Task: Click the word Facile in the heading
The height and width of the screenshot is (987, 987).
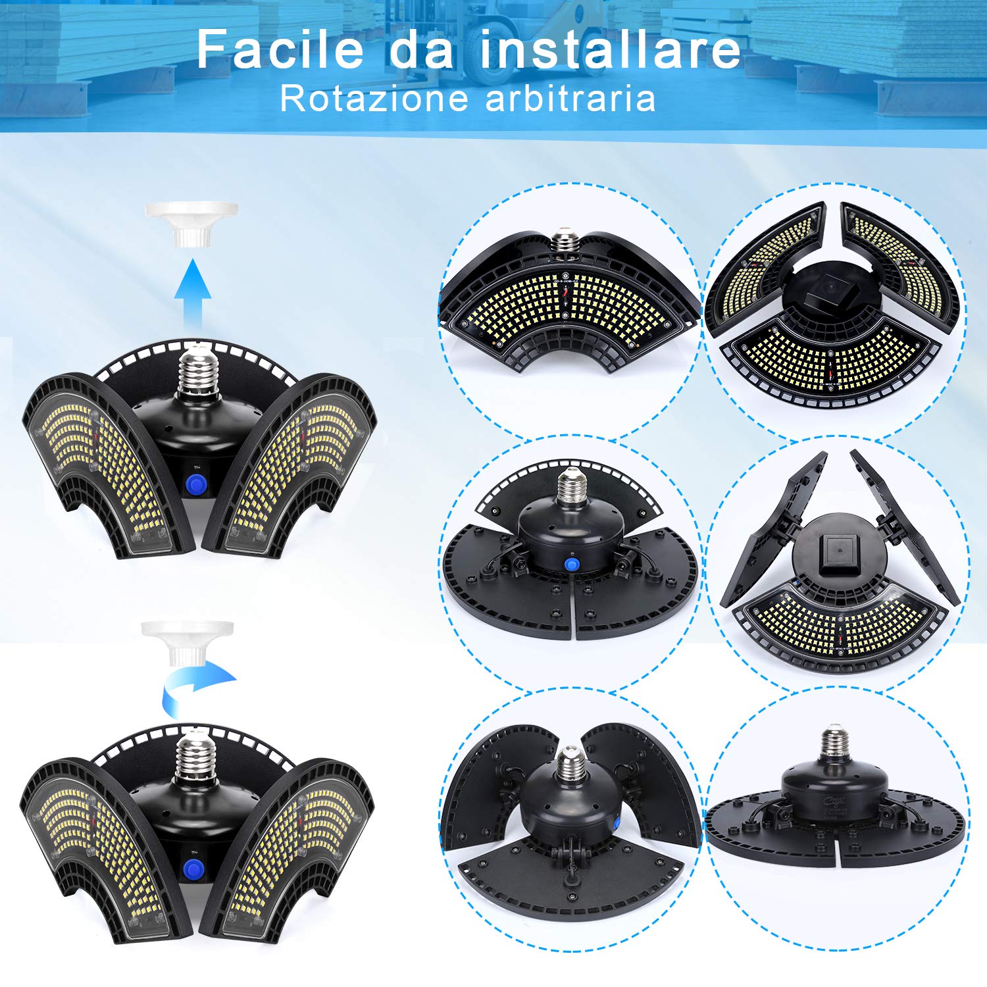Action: coord(280,49)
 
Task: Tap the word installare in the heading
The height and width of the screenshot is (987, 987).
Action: coord(611,49)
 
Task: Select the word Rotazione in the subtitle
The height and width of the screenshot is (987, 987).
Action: coord(374,99)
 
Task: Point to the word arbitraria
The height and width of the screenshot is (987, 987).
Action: coord(570,99)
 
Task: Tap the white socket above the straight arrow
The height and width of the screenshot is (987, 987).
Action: coord(191,224)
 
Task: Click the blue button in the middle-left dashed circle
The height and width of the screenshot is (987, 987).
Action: coord(571,566)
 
